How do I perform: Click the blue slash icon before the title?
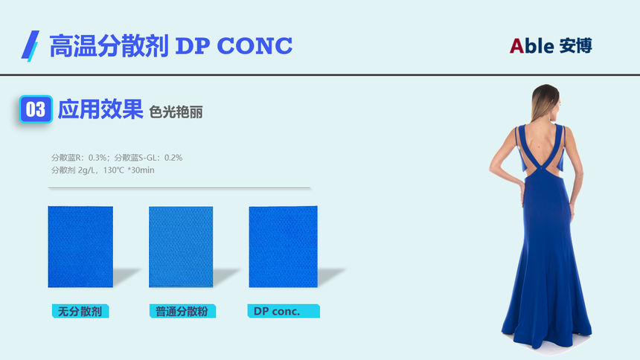coord(31,45)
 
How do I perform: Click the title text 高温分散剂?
coord(109,45)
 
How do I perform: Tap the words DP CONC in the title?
coord(234,45)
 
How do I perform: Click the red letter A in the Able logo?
coord(516,46)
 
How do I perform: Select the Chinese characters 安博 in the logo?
coord(575,45)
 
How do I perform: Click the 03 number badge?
coord(36,109)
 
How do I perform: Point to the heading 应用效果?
coord(100,109)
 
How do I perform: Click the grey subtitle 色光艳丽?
coord(176,112)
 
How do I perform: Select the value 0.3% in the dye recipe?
coord(97,158)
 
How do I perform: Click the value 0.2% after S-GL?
coord(173,158)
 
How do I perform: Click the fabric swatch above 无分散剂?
coord(80,246)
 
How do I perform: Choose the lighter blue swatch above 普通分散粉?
coord(181,247)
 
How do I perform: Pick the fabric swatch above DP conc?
coord(284,246)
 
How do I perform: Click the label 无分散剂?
coord(80,312)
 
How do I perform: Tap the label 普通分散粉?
coord(182,312)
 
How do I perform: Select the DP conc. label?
coord(284,311)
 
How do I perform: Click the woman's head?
coord(546,102)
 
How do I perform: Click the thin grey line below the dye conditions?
coord(179,188)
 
